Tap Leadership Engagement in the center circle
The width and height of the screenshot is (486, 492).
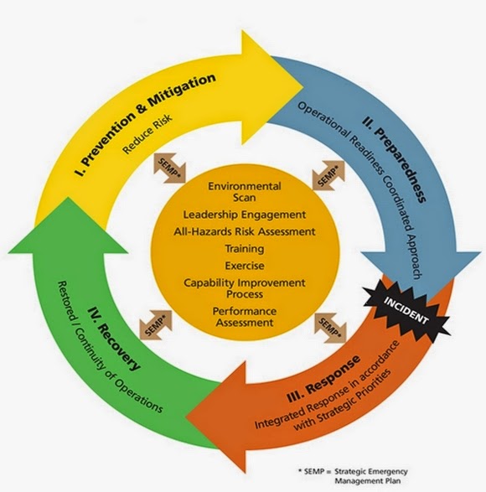coord(244,215)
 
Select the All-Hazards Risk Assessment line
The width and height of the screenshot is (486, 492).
coord(244,231)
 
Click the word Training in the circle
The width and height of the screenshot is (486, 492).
coord(244,248)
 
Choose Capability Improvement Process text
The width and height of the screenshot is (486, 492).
coord(244,287)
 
